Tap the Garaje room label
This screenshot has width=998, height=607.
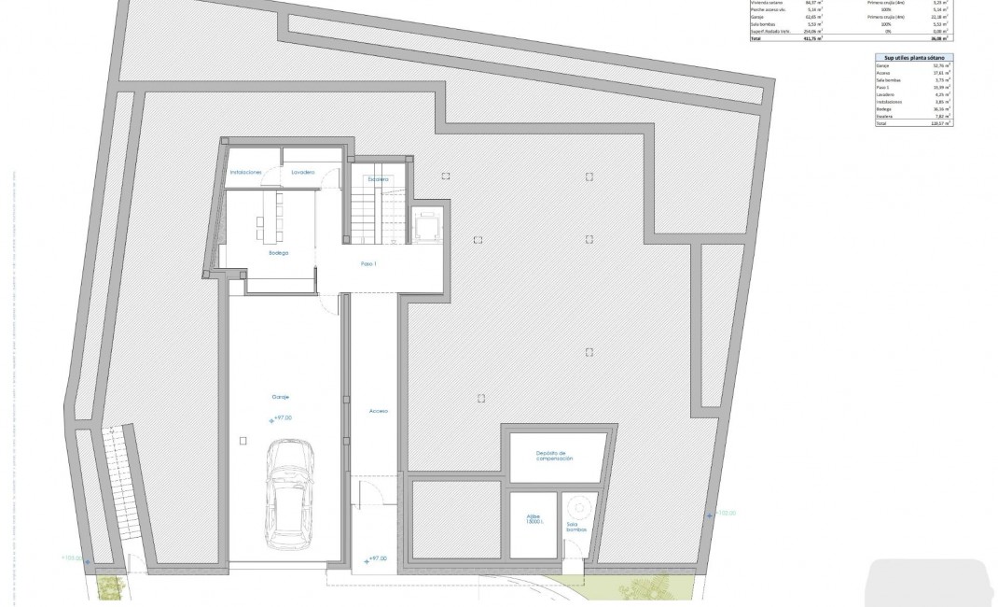(x=280, y=397)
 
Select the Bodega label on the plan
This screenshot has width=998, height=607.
(x=278, y=253)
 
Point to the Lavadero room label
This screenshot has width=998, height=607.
(x=302, y=173)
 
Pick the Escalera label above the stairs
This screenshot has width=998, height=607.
(x=377, y=178)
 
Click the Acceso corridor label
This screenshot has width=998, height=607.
(x=378, y=411)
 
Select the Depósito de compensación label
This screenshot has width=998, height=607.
(x=554, y=457)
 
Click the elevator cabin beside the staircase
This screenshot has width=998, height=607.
(x=429, y=225)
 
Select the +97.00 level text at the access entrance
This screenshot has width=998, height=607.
(x=377, y=558)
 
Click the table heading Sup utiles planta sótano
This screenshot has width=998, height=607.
(x=914, y=59)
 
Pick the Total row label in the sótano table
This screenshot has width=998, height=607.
(x=881, y=122)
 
